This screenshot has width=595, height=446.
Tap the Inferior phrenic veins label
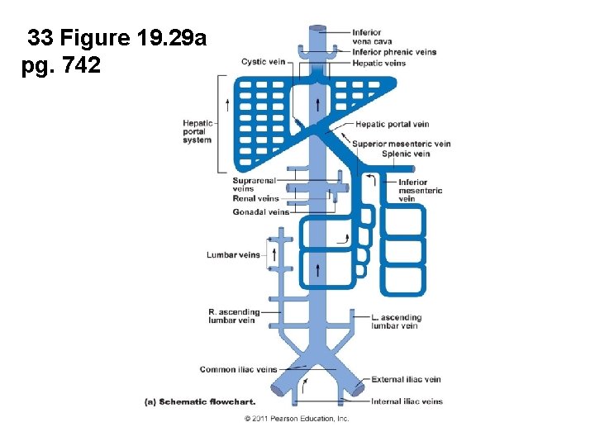pyautogui.click(x=394, y=52)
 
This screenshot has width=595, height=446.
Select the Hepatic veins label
pyautogui.click(x=378, y=63)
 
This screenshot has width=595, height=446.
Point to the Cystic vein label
pyautogui.click(x=264, y=61)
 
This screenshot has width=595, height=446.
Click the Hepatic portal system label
pyautogui.click(x=198, y=131)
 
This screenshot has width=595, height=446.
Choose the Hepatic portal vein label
pyautogui.click(x=392, y=125)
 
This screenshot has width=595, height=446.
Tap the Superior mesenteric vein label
pyautogui.click(x=402, y=144)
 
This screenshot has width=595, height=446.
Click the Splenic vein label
pyautogui.click(x=406, y=154)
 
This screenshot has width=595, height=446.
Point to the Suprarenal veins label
pyautogui.click(x=254, y=184)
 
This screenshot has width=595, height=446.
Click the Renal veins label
pyautogui.click(x=256, y=198)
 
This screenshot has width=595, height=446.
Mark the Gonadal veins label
pyautogui.click(x=260, y=211)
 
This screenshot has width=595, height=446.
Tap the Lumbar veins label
pyautogui.click(x=233, y=255)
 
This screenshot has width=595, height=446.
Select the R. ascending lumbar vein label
pyautogui.click(x=234, y=316)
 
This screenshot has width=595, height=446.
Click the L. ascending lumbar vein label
pyautogui.click(x=396, y=321)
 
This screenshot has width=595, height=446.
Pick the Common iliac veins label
pyautogui.click(x=238, y=369)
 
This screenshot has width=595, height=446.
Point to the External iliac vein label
pyautogui.click(x=406, y=380)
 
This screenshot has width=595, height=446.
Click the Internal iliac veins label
pyautogui.click(x=407, y=401)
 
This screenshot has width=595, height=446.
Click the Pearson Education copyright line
pyautogui.click(x=297, y=419)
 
